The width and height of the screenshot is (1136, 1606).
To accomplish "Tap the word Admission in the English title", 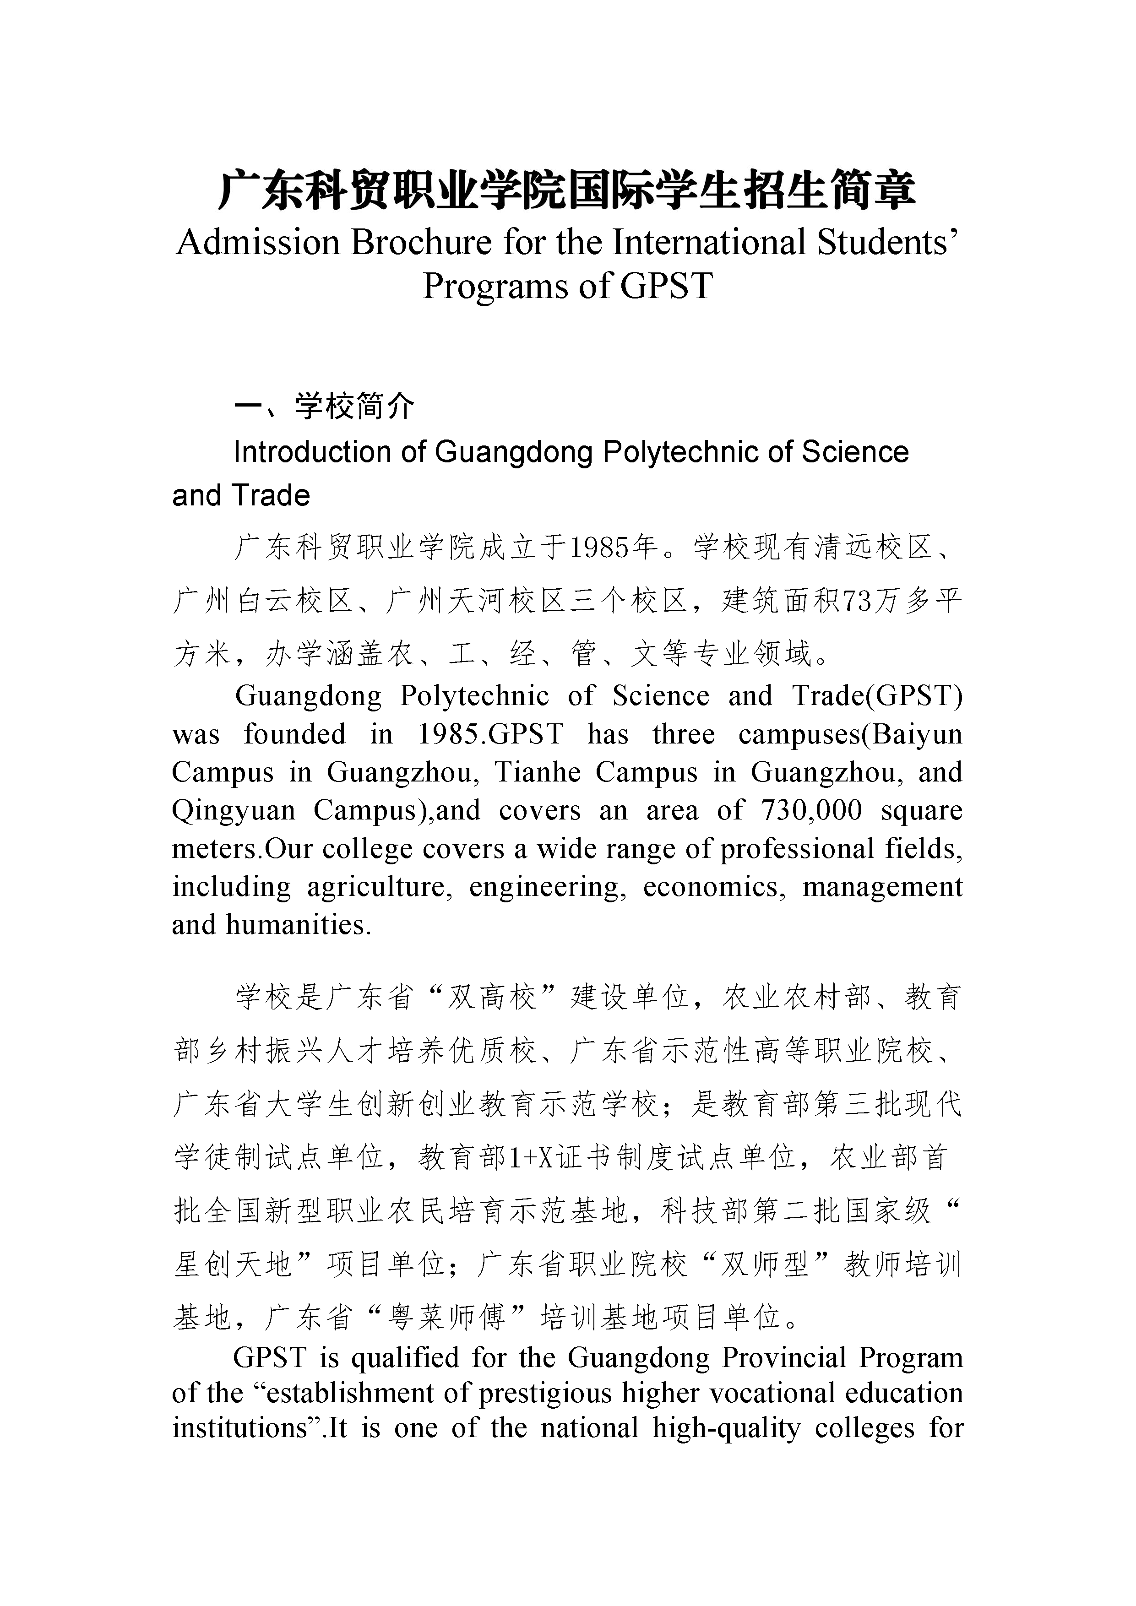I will [258, 243].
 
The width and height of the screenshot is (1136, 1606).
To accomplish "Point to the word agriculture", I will [378, 887].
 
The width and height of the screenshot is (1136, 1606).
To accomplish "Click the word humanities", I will [298, 925].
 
